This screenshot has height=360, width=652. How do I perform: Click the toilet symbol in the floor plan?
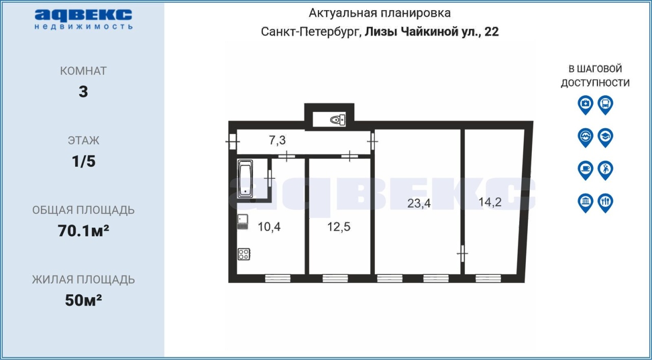pos(338,120)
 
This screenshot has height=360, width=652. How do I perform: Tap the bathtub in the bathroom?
pos(245,179)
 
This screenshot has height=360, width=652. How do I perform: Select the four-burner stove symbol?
pos(244,254)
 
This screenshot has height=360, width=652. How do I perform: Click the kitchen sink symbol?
pos(242,222)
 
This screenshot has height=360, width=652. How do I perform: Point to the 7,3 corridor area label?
pos(278,140)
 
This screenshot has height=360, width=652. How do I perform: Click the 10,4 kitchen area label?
pos(269,227)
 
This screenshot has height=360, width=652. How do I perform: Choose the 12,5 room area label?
pos(339,227)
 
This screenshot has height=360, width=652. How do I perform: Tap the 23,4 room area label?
pos(419,203)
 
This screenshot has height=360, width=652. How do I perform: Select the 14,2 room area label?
pos(490,202)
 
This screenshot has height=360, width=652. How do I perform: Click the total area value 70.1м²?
pos(83,231)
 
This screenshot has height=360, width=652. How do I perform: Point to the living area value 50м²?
pos(83,300)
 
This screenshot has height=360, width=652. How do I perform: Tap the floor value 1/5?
pos(84,161)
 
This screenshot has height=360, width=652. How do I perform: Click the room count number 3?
pos(83,92)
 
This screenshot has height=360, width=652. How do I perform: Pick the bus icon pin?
pos(606,105)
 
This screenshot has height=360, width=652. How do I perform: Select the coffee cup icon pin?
pos(586,170)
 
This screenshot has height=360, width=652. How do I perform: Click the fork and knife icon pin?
pos(606,203)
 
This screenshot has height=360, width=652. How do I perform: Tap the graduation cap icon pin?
pos(606,137)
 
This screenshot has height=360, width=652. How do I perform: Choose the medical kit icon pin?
pos(586,105)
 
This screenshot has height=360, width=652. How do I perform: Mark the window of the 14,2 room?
pos(488,279)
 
